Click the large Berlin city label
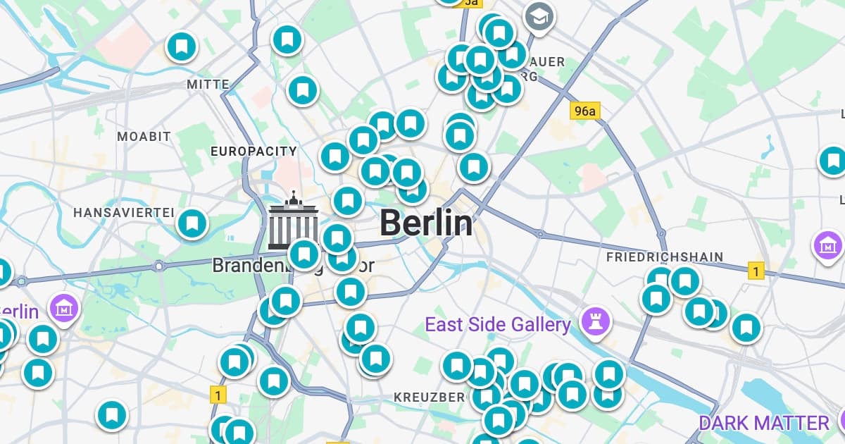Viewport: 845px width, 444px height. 426,223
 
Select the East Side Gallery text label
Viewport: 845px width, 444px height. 497,325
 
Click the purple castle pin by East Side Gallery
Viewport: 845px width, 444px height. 596,322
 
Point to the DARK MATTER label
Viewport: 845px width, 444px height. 764,423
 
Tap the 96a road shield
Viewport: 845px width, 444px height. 584,111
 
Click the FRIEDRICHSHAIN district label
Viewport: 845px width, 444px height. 664,257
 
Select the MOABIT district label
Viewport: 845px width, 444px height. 144,136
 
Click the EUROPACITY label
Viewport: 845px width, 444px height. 254,152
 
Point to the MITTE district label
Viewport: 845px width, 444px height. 208,85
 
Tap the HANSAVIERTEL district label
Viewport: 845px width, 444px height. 124,212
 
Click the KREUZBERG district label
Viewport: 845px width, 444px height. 429,397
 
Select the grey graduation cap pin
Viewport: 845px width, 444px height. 539,16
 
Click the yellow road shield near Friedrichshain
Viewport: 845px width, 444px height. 756,270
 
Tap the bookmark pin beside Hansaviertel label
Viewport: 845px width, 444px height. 192,223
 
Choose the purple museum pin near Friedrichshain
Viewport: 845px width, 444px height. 828,245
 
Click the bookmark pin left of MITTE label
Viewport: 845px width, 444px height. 181,47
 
